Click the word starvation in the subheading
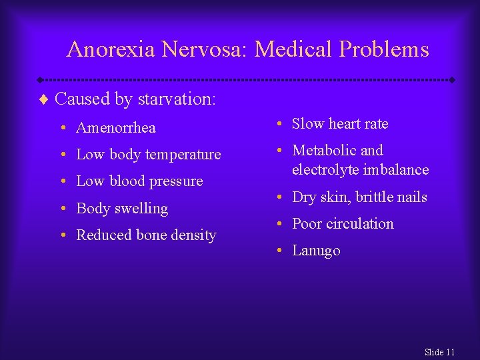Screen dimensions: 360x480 coord(177,99)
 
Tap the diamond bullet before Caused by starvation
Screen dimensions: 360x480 coord(45,99)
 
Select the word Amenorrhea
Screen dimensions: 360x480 coord(116,128)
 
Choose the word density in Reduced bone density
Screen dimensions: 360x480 coord(193,235)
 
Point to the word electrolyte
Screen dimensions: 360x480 coord(325,170)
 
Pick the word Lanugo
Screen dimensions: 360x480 coord(316,251)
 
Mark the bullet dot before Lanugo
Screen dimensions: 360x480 coord(281,251)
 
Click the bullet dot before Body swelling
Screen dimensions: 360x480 coord(65,209)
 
